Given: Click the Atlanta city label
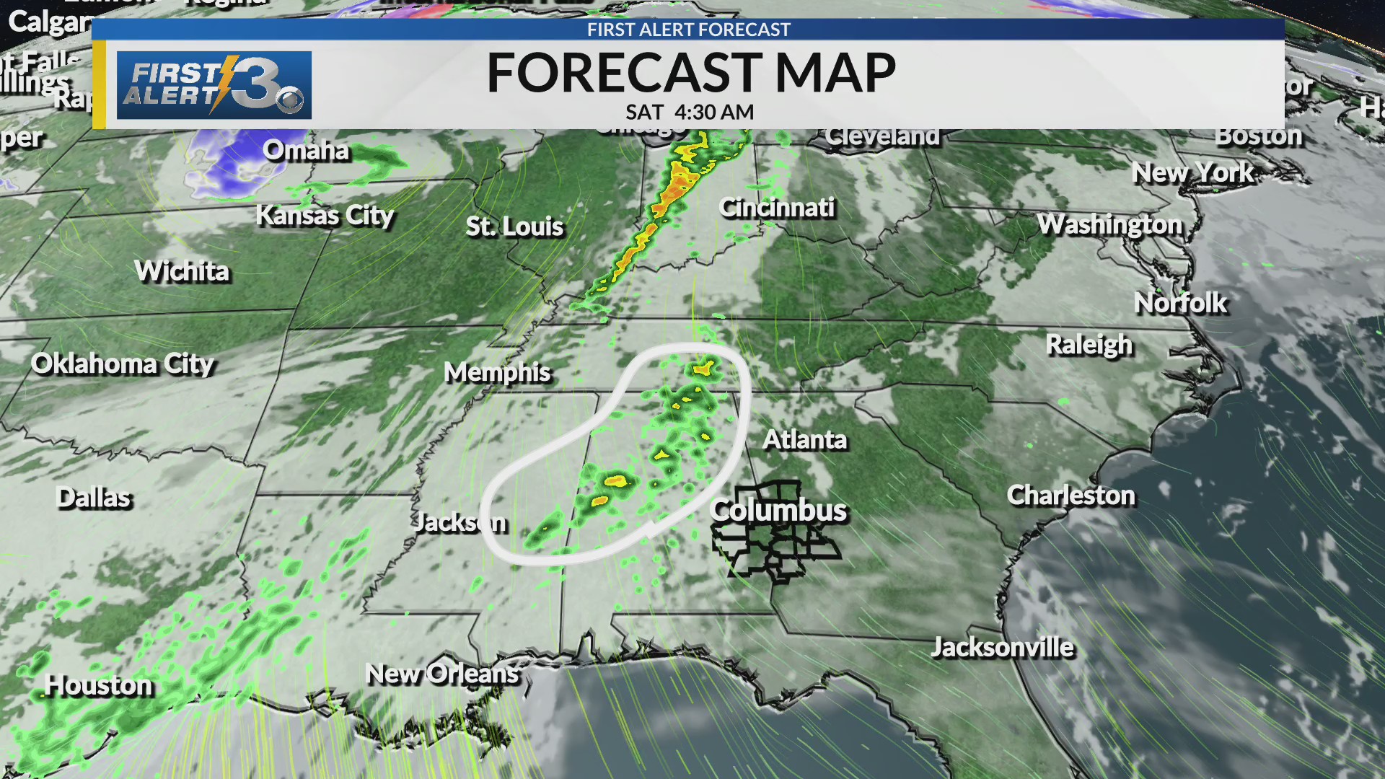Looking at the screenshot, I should [805, 439].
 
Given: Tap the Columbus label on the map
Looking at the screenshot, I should [778, 510].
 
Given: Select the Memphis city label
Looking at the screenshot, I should [497, 372].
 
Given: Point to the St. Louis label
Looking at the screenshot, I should [514, 226].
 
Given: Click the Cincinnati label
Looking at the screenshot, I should [777, 208].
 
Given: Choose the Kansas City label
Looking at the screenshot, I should [325, 215].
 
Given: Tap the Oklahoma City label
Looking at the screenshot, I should [123, 364].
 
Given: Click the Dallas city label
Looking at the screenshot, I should [94, 498].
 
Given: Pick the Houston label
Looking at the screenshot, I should [99, 685].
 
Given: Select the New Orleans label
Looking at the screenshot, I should [442, 674].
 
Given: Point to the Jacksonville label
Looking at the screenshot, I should [1003, 647].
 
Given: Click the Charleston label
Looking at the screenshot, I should [1070, 495].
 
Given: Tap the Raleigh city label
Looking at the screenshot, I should [1089, 345].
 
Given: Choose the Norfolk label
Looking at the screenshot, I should [1180, 303].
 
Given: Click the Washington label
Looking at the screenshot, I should [1110, 224].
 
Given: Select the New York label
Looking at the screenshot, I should [1193, 172].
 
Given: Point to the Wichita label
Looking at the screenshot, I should [182, 271].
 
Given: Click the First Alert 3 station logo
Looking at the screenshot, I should [214, 85].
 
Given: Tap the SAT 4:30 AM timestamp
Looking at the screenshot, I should [690, 113].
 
